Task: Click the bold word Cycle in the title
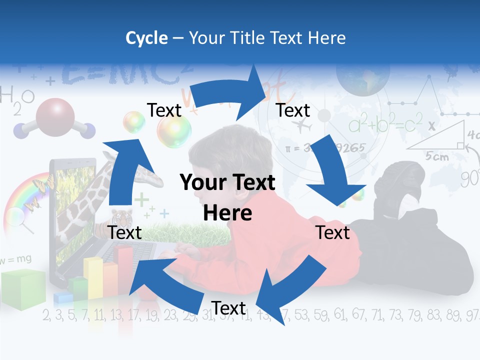pyautogui.click(x=146, y=38)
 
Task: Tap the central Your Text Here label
pyautogui.click(x=227, y=197)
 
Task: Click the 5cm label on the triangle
pyautogui.click(x=437, y=156)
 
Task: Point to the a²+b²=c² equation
pyautogui.click(x=385, y=123)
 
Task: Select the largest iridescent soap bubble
pyautogui.click(x=174, y=131)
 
